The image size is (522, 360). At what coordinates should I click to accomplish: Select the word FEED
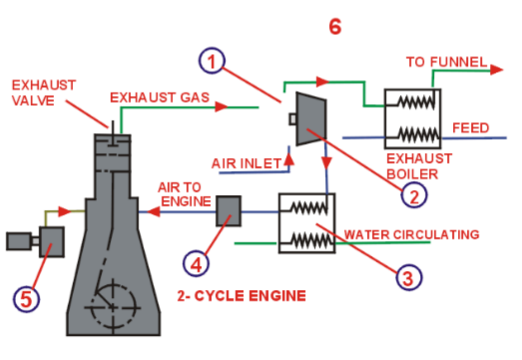point(471,128)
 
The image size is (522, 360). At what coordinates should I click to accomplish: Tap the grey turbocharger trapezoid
point(311,118)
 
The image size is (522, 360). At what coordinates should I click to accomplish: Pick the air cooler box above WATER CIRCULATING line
point(311,221)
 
